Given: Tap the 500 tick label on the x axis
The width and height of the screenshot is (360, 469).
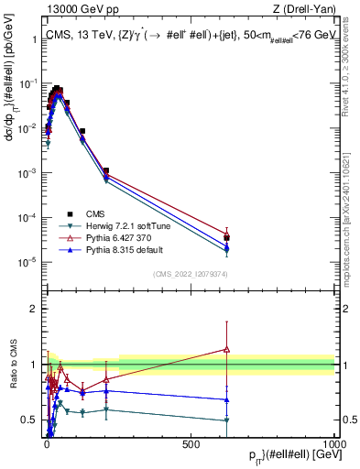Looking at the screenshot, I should (191, 444).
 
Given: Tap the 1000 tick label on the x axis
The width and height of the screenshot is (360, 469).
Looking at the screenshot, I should (333, 444).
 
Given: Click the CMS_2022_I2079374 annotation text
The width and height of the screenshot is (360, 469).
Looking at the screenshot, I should (190, 272).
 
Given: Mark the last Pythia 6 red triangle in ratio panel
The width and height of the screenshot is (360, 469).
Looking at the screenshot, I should (226, 349).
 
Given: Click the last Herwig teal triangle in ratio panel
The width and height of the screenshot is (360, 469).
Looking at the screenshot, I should (226, 420).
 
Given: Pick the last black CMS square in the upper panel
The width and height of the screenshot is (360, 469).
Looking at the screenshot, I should (226, 237).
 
